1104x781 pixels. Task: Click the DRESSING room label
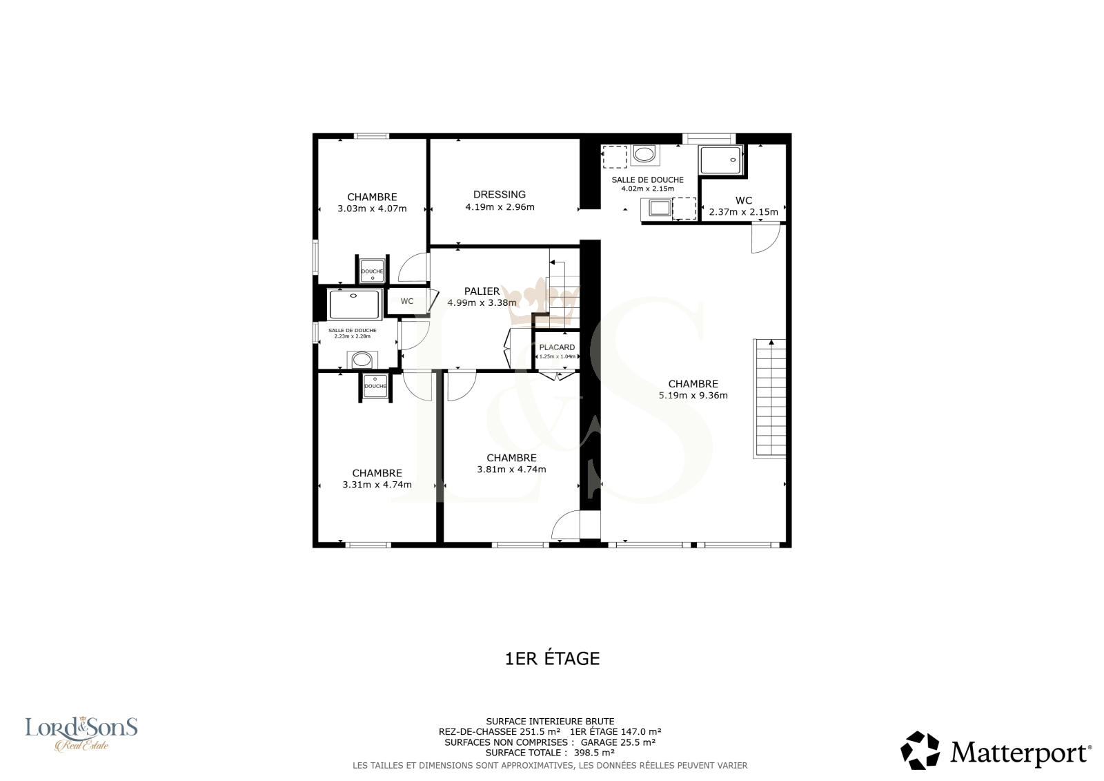500,194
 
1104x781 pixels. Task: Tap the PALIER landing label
482,291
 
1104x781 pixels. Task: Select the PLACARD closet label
557,347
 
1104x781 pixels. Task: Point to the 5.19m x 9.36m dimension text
693,395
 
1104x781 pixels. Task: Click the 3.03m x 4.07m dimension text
372,209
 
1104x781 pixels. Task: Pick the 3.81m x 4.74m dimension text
511,469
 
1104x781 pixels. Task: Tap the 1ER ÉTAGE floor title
552,658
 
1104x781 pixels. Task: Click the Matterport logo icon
920,751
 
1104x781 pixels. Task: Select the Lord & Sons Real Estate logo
81,734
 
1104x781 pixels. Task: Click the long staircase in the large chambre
769,398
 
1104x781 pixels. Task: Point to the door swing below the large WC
765,238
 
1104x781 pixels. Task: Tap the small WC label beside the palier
406,301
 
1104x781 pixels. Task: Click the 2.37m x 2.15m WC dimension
743,212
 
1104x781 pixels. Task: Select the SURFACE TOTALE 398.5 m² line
549,753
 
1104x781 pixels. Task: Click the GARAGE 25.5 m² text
618,742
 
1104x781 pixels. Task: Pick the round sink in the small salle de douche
362,360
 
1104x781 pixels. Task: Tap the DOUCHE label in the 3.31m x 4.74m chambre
375,386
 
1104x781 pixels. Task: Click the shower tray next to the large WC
720,160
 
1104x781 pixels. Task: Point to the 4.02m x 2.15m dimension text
647,189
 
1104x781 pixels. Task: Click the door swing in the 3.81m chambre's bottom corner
566,525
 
